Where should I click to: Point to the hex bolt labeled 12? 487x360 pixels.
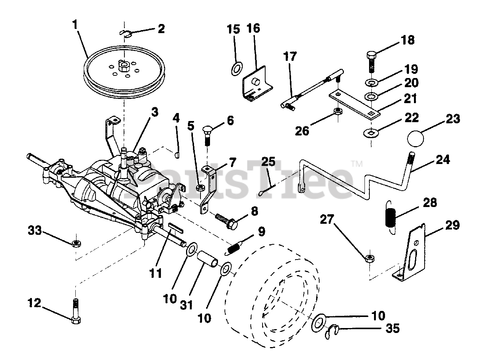(x=75, y=310)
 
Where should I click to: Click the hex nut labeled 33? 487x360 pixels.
(x=76, y=242)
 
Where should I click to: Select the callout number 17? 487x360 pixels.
(x=289, y=58)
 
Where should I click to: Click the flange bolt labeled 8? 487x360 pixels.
(x=228, y=221)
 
